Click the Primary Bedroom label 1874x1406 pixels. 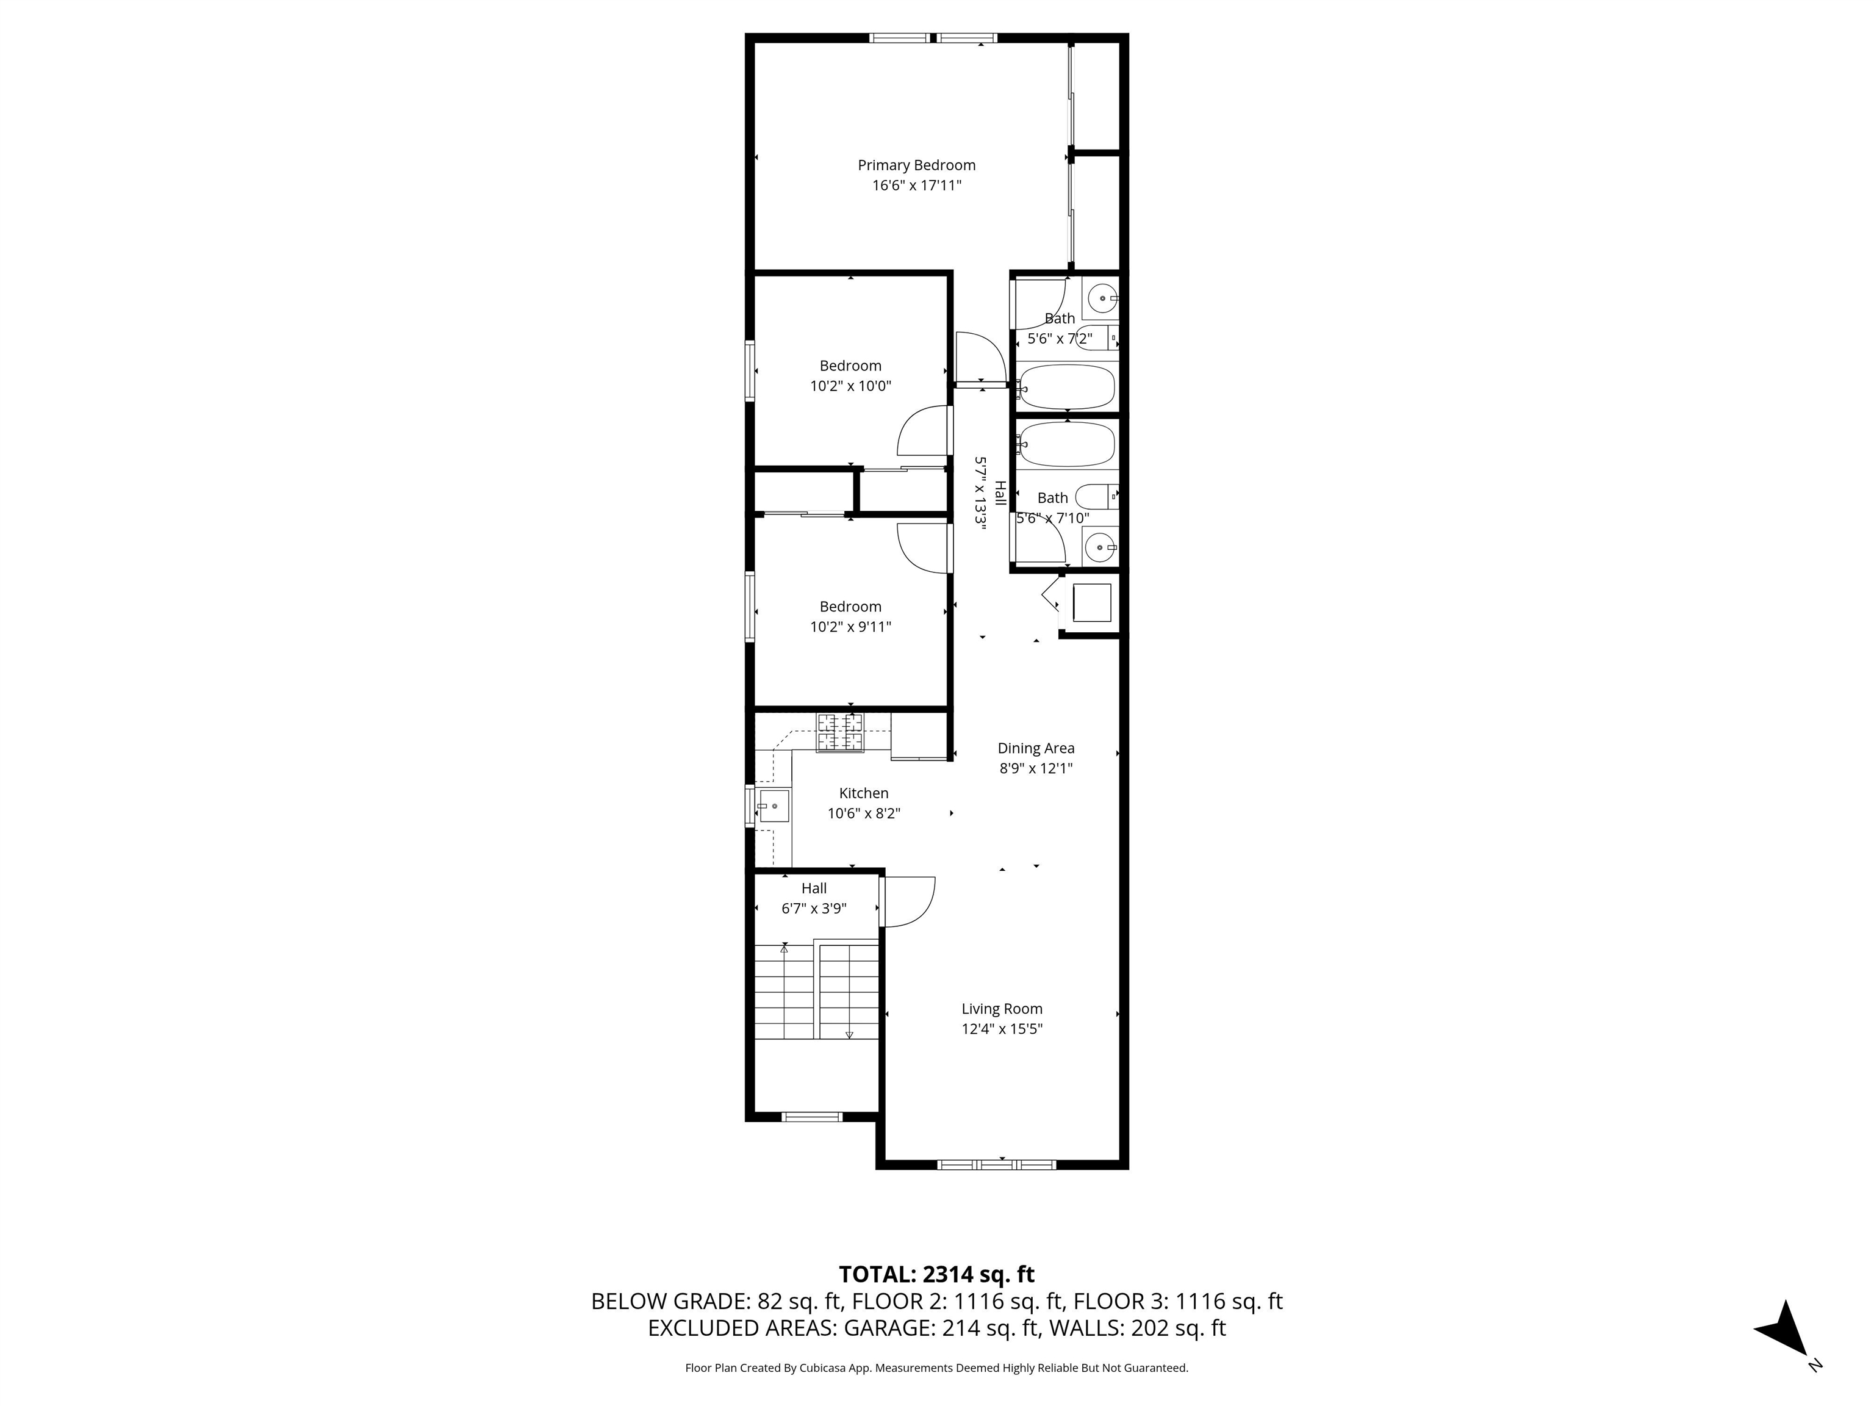917,165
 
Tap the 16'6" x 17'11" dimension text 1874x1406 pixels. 917,186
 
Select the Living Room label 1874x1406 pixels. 1002,1009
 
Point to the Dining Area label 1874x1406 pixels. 1035,748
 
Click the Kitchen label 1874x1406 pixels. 863,793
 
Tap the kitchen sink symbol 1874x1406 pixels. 774,805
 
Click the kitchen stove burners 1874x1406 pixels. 841,732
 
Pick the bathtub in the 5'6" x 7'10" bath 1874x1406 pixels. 1066,444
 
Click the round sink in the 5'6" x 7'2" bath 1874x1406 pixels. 1102,298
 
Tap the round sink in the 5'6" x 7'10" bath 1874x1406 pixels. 1100,547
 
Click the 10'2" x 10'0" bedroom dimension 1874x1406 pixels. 850,386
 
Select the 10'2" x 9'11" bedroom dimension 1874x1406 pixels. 850,627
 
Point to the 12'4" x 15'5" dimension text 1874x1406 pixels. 1002,1029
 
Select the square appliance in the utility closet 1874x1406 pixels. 1091,602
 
